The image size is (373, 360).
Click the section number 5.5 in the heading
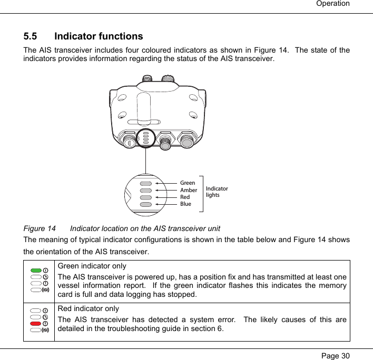tap(31, 37)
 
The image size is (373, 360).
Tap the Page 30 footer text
tap(333, 355)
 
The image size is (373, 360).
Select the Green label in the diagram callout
tap(188, 183)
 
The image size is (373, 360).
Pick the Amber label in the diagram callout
tap(189, 190)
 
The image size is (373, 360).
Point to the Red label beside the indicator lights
tap(185, 197)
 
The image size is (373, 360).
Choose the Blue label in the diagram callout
tap(185, 204)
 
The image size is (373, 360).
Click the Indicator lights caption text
tap(217, 192)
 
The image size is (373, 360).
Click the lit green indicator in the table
tap(36, 271)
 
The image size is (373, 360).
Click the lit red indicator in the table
tap(36, 324)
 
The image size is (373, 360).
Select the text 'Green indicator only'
tap(92, 266)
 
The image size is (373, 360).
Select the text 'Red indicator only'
tap(89, 308)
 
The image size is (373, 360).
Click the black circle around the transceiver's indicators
tap(145, 139)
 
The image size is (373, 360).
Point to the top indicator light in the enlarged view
tap(146, 184)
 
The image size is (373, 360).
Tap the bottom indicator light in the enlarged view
tap(146, 204)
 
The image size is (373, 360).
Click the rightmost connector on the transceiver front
tap(186, 141)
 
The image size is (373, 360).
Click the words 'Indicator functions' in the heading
tap(99, 37)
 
